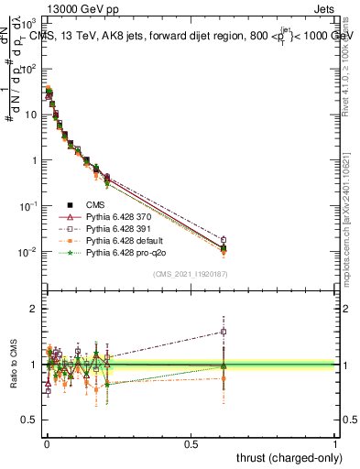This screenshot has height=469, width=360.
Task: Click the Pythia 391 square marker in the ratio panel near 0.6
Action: point(223,332)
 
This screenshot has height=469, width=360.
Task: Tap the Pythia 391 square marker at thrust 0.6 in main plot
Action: point(223,240)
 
